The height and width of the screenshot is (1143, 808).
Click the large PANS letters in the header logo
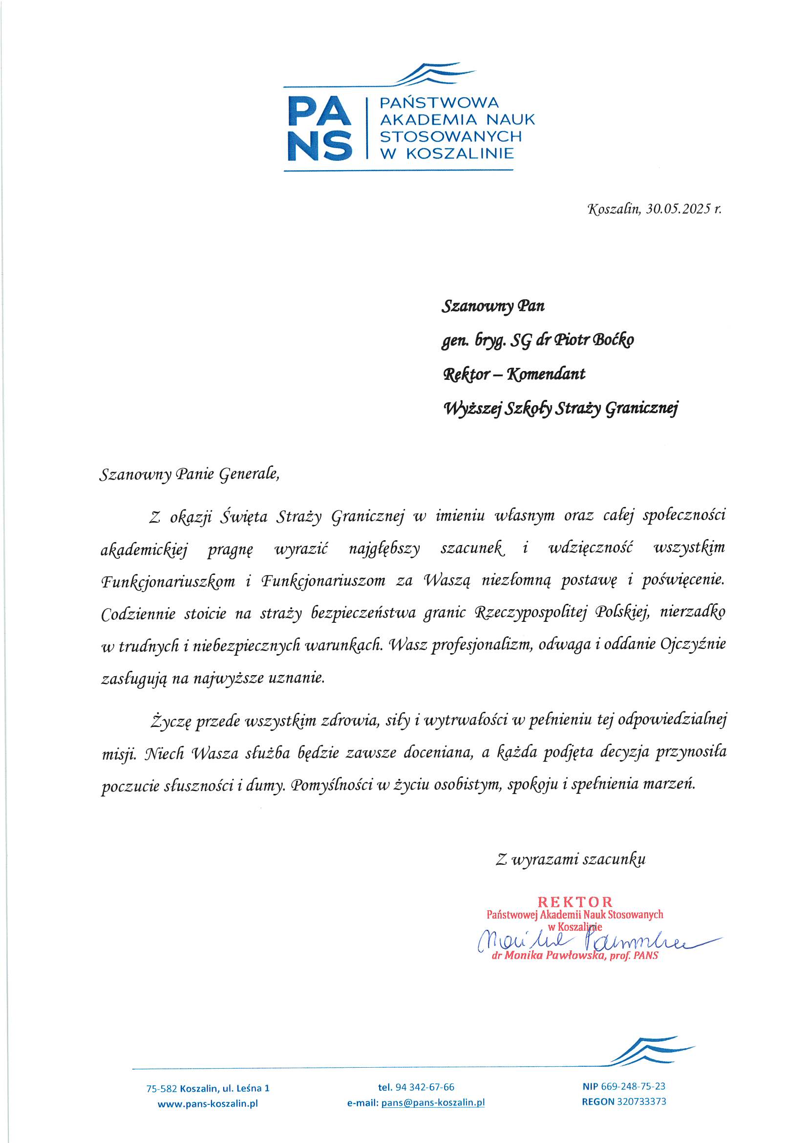coord(319,128)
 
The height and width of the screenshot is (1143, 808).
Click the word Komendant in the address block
coord(546,374)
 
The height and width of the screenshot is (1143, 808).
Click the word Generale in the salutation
coord(249,473)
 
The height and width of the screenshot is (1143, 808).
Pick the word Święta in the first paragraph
coord(244,516)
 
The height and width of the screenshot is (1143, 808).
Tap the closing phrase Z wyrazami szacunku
coord(571,859)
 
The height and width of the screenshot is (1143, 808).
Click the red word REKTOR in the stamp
coord(575,902)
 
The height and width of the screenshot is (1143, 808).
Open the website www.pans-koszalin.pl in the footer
coord(208,1104)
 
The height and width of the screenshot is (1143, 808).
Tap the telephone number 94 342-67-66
coord(425,1087)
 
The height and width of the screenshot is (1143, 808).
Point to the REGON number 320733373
coord(641,1101)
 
